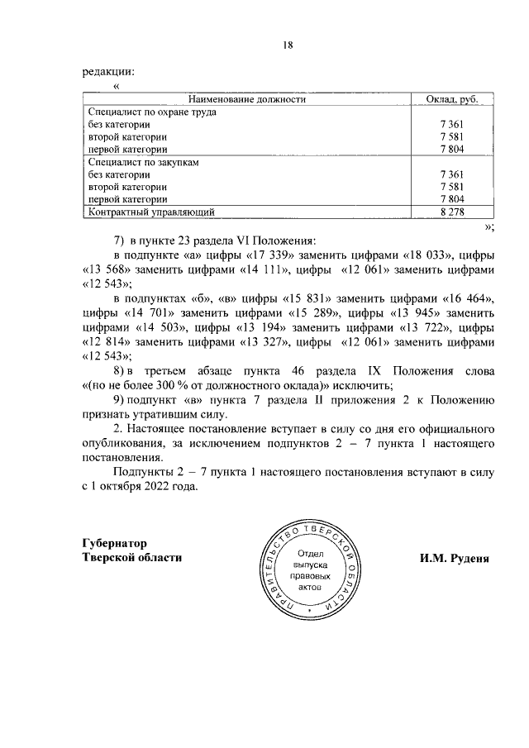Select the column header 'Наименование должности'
click(247, 99)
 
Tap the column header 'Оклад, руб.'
click(454, 99)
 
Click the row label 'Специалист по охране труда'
click(146, 112)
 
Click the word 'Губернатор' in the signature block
click(115, 543)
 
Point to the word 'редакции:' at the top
click(108, 72)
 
